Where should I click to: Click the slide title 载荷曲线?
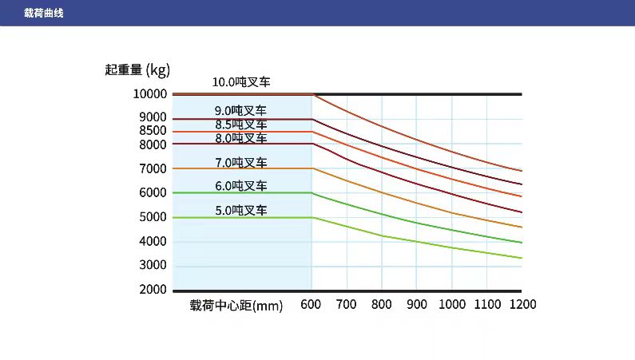[x=44, y=13]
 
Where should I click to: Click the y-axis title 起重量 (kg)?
[x=137, y=69]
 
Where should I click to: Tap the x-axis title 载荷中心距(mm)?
[x=236, y=305]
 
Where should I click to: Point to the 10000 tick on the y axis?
[x=150, y=94]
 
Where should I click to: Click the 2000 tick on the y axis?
[x=153, y=289]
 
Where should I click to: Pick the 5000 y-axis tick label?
[x=153, y=217]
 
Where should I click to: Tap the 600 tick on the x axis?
[x=311, y=304]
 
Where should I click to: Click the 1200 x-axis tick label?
[x=522, y=304]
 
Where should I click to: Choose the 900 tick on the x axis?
[x=417, y=304]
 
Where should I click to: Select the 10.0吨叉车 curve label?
[x=240, y=81]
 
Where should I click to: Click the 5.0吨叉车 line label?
[x=240, y=211]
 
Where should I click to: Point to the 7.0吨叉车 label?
[x=240, y=163]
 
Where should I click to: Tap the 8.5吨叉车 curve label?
[x=240, y=125]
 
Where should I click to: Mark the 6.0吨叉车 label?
[x=240, y=186]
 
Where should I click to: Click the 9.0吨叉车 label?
[x=240, y=111]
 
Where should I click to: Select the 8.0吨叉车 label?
[x=240, y=138]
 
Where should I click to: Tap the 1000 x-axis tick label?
[x=452, y=304]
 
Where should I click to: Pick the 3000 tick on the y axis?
[x=153, y=265]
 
